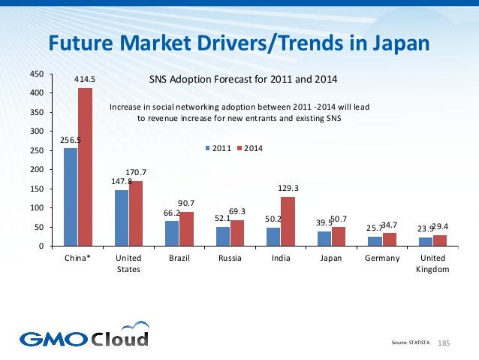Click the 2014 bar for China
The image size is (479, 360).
click(85, 167)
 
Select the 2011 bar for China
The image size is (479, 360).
click(71, 197)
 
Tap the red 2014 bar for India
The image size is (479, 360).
click(288, 221)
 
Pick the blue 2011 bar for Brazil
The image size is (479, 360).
click(172, 233)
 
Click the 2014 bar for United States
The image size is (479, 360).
click(135, 213)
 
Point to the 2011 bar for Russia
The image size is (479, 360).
click(223, 236)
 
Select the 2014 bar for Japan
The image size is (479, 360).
click(338, 236)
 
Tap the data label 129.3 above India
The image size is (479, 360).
click(288, 189)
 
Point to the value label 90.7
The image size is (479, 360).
click(186, 203)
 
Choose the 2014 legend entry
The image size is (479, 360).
click(249, 149)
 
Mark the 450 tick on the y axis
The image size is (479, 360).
click(35, 74)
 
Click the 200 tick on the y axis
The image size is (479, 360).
click(35, 170)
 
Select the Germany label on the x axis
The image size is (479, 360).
click(381, 259)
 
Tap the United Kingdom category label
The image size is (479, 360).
click(432, 264)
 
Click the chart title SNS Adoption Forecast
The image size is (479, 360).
click(243, 79)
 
